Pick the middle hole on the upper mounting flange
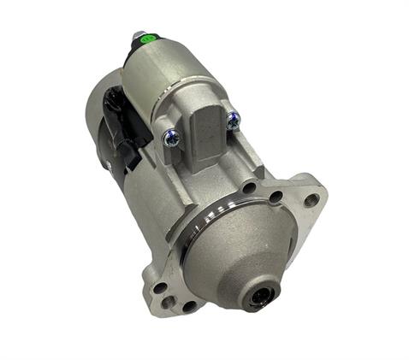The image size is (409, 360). click(276, 197)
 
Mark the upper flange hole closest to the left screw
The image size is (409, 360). click(248, 187)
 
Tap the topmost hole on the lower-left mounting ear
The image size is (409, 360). click(159, 287)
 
